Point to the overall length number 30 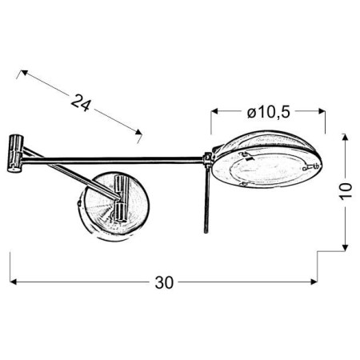[165, 282]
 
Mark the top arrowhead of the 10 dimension [345, 138]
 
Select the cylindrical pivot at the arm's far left [14, 153]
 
